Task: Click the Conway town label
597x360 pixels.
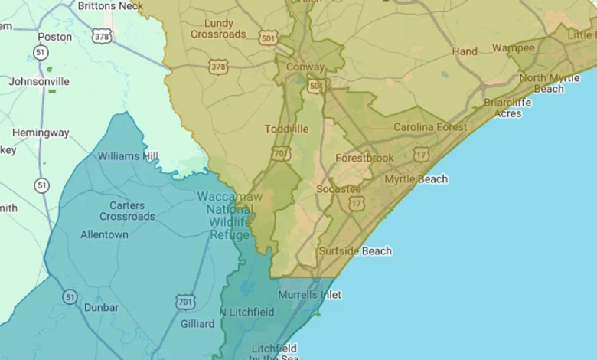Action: click(305, 67)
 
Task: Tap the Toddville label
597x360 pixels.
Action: click(286, 129)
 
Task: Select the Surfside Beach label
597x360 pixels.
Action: click(355, 251)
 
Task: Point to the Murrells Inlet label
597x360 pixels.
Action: click(309, 294)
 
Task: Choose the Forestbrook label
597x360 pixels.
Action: click(364, 158)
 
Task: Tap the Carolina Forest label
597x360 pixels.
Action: click(429, 127)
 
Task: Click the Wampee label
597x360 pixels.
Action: click(514, 47)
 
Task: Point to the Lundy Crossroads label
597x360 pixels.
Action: click(218, 29)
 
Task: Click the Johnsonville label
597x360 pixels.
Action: click(39, 81)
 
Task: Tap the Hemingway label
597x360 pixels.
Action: click(41, 133)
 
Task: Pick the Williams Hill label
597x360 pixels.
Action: click(129, 156)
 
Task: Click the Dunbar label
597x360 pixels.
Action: click(102, 307)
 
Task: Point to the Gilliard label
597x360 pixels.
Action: click(197, 324)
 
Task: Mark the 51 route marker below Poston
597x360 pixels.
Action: click(40, 52)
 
